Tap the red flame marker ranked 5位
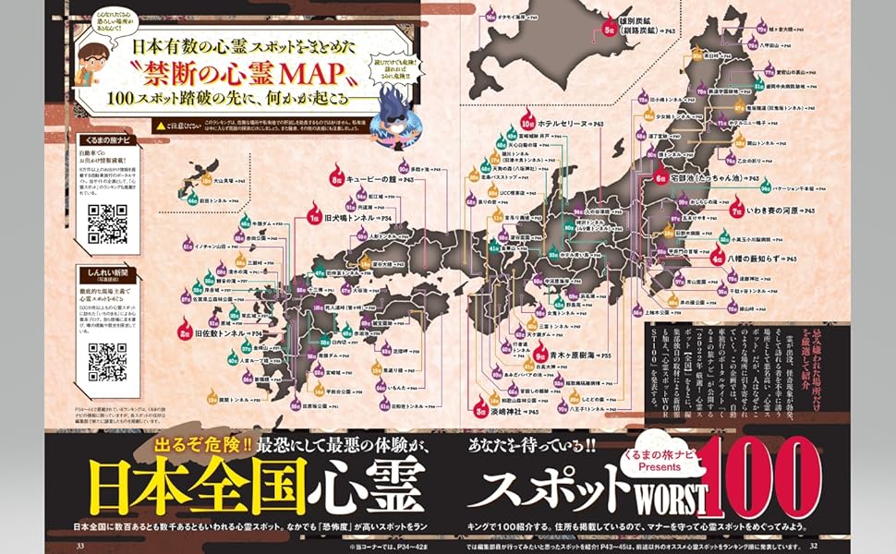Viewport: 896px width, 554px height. point(609,27)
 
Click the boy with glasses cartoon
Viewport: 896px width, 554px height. point(96,64)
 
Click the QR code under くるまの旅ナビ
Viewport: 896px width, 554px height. point(105,222)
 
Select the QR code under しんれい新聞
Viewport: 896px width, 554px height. point(105,359)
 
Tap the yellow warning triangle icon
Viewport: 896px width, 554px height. point(163,123)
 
